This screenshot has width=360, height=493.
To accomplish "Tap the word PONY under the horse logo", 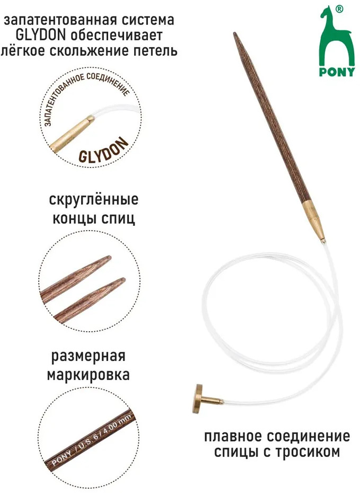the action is (x=337, y=72).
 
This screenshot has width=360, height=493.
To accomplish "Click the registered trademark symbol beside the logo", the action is (x=339, y=10).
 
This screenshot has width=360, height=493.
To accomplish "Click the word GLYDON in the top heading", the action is (x=41, y=35).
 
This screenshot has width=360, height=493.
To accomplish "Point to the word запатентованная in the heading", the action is (x=60, y=20).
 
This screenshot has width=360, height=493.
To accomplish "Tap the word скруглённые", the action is (x=94, y=200).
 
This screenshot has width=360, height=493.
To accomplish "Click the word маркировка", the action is (x=89, y=375).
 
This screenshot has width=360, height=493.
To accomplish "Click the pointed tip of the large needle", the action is (x=234, y=33).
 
